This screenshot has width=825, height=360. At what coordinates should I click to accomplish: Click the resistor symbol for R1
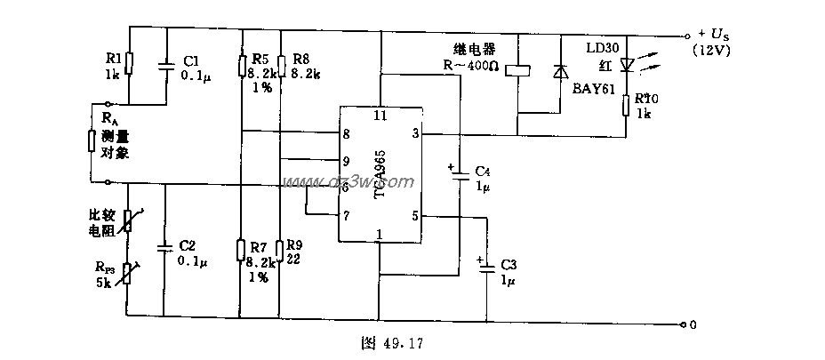(130, 63)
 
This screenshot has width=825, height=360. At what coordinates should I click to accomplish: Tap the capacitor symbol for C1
(165, 64)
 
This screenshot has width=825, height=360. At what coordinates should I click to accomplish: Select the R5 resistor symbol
(243, 65)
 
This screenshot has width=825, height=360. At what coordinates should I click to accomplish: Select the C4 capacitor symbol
(461, 178)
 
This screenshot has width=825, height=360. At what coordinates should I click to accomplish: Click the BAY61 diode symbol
(559, 71)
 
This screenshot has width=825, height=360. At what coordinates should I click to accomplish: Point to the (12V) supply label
(714, 51)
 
